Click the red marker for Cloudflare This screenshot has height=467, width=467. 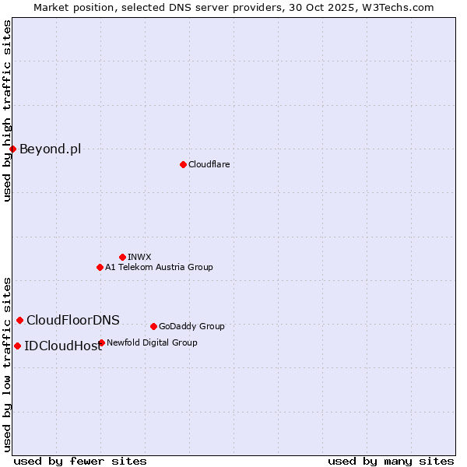(183, 164)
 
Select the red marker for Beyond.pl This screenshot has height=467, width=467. (13, 149)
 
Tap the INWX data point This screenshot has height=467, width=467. (122, 257)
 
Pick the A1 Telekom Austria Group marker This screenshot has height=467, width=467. (100, 267)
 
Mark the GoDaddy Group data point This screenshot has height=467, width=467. (153, 326)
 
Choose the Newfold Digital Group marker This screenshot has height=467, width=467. (101, 342)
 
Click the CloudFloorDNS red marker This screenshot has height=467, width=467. (19, 320)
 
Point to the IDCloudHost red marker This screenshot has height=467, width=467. (17, 346)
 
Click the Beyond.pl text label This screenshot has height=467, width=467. (50, 149)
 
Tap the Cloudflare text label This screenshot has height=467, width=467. (209, 164)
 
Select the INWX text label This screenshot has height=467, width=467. (139, 257)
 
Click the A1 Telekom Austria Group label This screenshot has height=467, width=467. (159, 267)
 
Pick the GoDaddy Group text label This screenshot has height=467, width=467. (191, 326)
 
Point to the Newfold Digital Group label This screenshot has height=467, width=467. (152, 342)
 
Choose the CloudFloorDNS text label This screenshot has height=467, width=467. (73, 320)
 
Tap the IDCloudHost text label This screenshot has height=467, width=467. (63, 346)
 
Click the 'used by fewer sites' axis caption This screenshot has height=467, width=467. (80, 461)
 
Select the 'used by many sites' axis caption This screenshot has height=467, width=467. (391, 461)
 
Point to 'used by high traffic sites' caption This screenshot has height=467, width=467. (7, 111)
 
